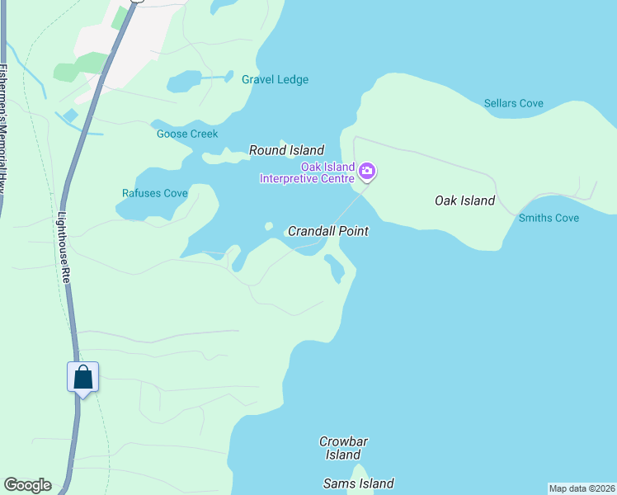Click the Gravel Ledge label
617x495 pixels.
[275, 80]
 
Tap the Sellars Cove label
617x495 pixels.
[513, 103]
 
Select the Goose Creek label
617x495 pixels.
[187, 134]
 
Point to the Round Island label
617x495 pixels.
[287, 150]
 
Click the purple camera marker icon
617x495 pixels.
[367, 172]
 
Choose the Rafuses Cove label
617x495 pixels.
[155, 193]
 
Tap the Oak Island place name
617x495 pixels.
[464, 200]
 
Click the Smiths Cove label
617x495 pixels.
[549, 218]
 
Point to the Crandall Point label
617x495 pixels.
[327, 232]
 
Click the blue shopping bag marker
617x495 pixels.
[82, 378]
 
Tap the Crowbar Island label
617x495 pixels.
[343, 448]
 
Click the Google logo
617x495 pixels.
[27, 485]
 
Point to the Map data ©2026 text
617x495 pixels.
[582, 488]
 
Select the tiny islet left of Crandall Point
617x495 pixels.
[268, 225]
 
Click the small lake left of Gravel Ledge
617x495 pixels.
[184, 82]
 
